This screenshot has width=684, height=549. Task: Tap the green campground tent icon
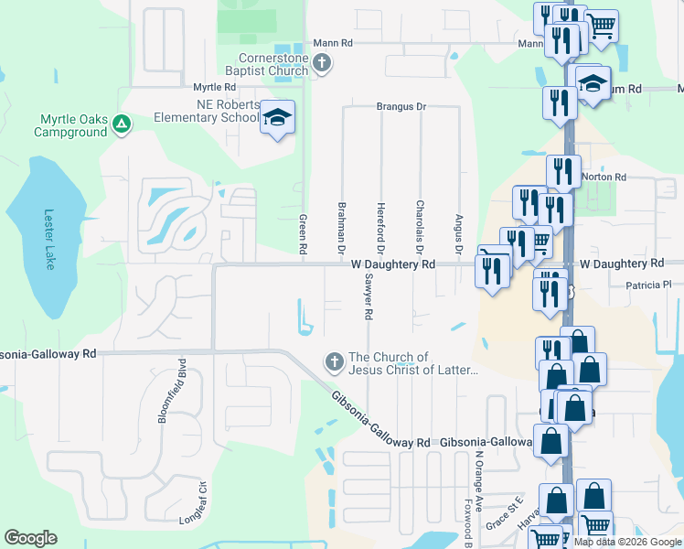point(121,125)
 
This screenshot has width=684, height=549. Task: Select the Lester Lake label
point(50,240)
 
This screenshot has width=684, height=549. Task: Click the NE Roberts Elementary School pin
point(277,118)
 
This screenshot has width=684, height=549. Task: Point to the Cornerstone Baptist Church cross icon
point(321,63)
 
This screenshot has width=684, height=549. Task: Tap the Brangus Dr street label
point(401,107)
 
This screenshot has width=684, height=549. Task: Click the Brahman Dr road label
point(342,228)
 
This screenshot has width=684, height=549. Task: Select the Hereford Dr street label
point(380,228)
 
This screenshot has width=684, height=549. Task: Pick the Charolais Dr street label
point(420,228)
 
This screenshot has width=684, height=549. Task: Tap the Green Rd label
point(303,234)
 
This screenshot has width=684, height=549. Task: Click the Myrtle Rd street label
point(215,87)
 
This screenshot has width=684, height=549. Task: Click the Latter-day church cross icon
point(334,363)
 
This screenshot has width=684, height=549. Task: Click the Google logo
point(32,538)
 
